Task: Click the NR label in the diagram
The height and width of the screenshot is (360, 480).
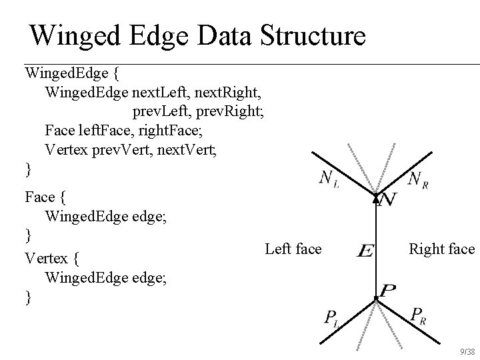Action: [x=417, y=179]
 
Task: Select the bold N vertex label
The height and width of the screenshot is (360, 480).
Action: [x=387, y=199]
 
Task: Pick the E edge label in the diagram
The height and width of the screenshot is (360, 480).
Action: [x=365, y=251]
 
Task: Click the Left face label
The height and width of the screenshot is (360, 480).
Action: [x=293, y=249]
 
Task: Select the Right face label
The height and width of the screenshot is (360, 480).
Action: [x=442, y=249]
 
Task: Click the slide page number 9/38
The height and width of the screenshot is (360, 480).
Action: [x=467, y=351]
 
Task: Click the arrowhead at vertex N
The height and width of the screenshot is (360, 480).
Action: [x=376, y=198]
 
